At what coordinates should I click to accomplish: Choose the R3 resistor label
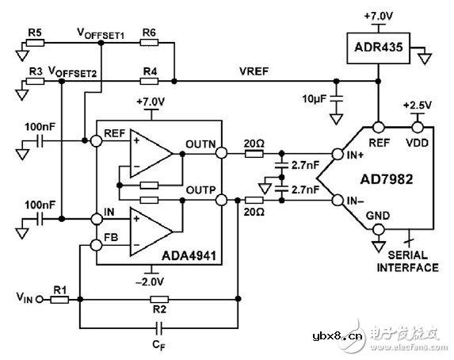click(35, 71)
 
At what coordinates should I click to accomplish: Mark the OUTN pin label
click(201, 144)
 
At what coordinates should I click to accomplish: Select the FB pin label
click(112, 236)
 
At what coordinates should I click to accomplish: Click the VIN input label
click(24, 299)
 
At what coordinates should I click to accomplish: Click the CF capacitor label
click(159, 344)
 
